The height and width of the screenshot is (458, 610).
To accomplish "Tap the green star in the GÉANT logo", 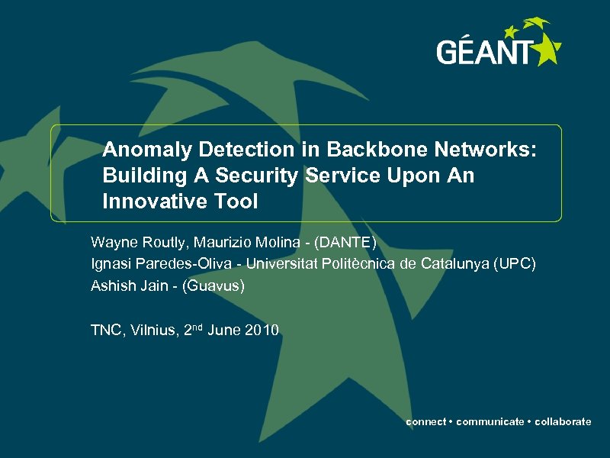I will [545, 49].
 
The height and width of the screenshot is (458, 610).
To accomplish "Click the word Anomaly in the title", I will [142, 150].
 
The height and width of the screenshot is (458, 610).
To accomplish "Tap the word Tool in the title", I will [236, 202].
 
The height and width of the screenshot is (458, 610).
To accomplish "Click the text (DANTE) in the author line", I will [347, 243].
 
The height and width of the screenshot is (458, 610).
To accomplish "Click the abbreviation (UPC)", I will [515, 264].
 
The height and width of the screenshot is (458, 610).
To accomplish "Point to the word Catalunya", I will [455, 264].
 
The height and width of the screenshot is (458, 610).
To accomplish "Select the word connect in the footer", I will [426, 421].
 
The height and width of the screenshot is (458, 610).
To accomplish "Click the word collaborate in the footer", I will [563, 421].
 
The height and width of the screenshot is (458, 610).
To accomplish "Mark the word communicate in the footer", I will [490, 421].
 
